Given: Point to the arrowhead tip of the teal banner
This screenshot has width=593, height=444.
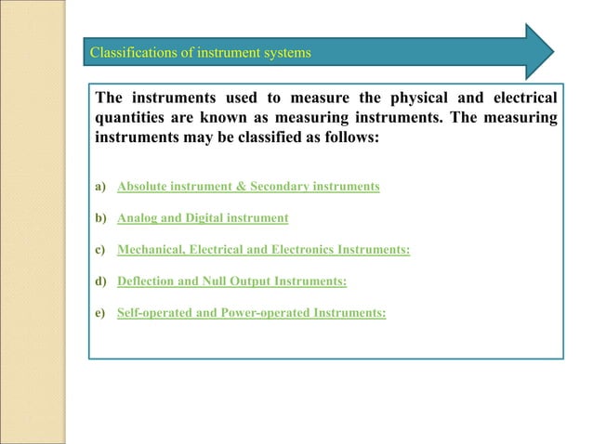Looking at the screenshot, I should pyautogui.click(x=554, y=51).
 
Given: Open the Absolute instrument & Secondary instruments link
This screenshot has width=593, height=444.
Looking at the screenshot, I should pyautogui.click(x=248, y=187).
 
